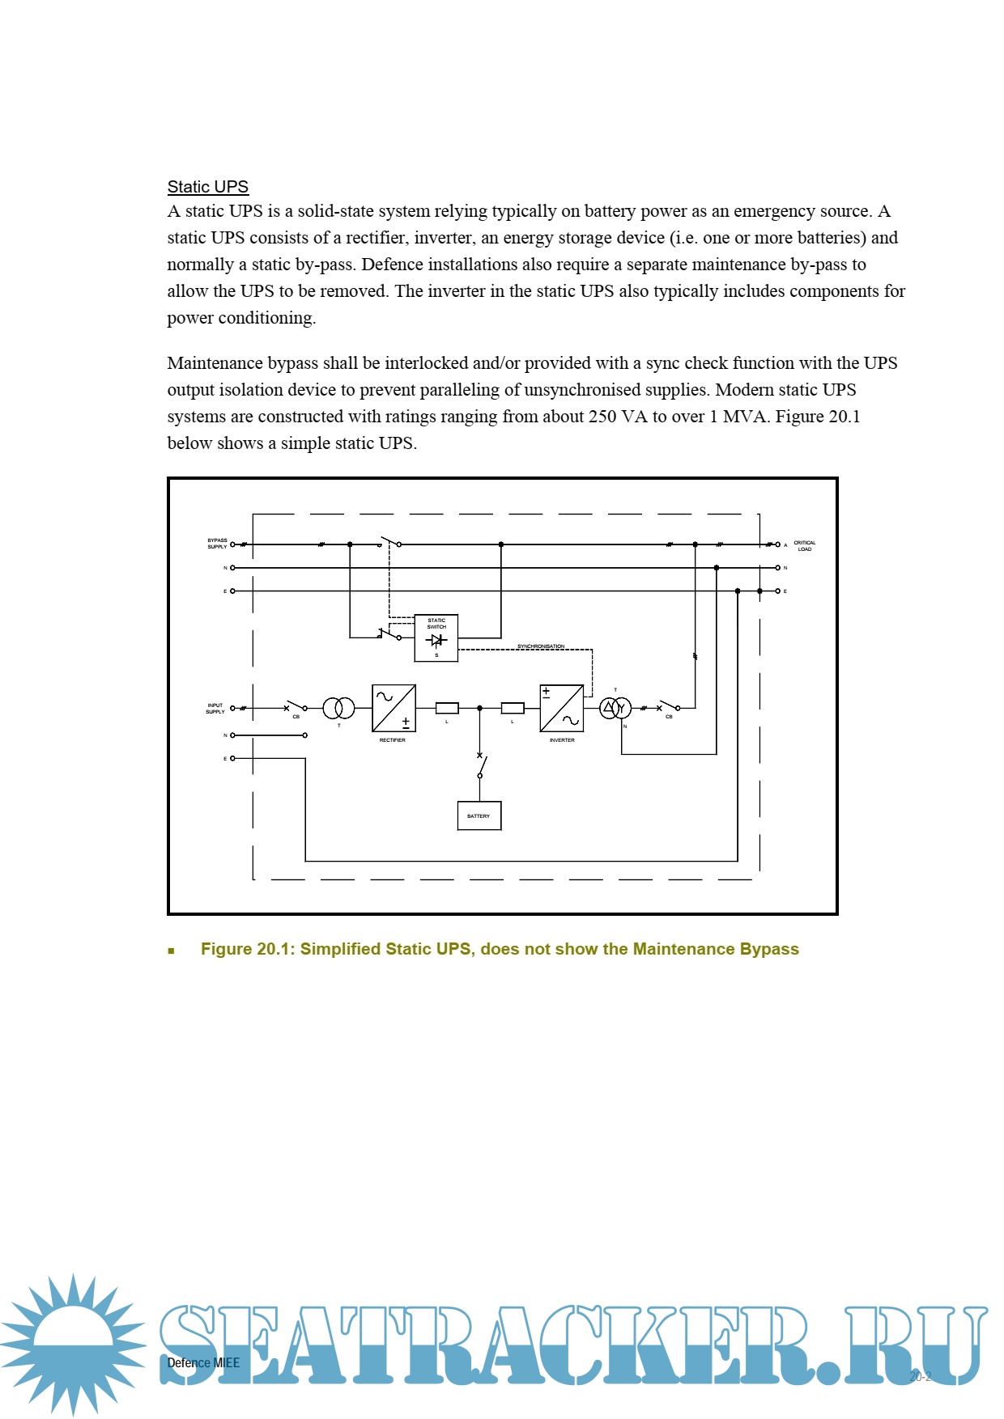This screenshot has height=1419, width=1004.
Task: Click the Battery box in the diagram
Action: [x=479, y=815]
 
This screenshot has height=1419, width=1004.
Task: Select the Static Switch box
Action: [x=436, y=637]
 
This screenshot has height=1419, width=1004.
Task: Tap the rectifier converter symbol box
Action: [x=394, y=708]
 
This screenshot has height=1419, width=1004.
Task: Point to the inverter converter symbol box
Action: [x=561, y=708]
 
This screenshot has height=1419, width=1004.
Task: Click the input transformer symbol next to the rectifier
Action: [x=338, y=708]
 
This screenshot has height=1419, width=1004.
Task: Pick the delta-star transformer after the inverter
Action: [x=615, y=708]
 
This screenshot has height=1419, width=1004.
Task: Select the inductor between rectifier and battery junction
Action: [x=447, y=708]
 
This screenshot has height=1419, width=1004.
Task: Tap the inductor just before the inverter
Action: [x=513, y=708]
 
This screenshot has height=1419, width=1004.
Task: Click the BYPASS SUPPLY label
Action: [x=217, y=544]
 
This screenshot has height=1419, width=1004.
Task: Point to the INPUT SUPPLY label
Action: [x=215, y=709]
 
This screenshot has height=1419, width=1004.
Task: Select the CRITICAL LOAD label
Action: [x=804, y=546]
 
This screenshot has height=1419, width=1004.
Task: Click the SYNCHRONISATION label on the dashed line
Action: [x=541, y=646]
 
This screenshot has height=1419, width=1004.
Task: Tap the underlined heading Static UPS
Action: [x=207, y=187]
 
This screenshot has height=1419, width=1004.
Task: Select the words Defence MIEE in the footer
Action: [x=203, y=1362]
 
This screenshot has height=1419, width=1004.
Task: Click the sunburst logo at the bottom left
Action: [x=73, y=1343]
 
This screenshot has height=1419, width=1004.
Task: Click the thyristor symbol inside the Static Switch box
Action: [x=436, y=640]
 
